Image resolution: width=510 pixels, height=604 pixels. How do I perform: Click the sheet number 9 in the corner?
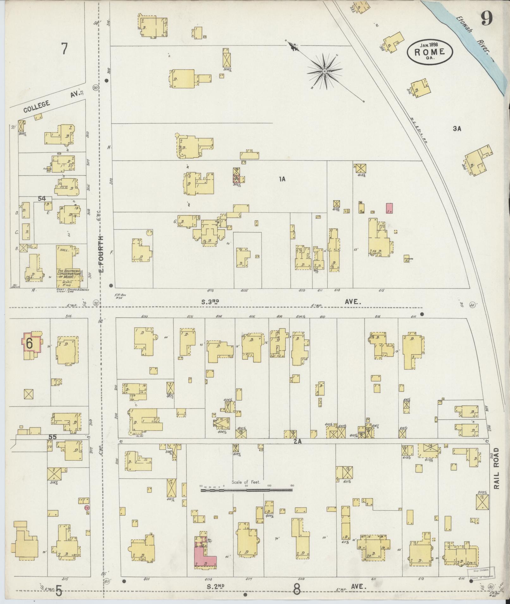pos(487,19)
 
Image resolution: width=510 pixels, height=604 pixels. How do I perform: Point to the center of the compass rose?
pos(324,72)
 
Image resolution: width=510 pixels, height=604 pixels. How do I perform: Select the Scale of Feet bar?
pos(246,499)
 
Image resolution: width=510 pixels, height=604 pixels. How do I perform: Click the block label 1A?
pos(282,179)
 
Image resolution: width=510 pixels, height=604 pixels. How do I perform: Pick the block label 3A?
pos(457,129)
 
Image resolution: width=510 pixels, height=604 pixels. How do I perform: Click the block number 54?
pos(42,199)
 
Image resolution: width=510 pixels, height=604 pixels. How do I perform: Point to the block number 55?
pos(53,437)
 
